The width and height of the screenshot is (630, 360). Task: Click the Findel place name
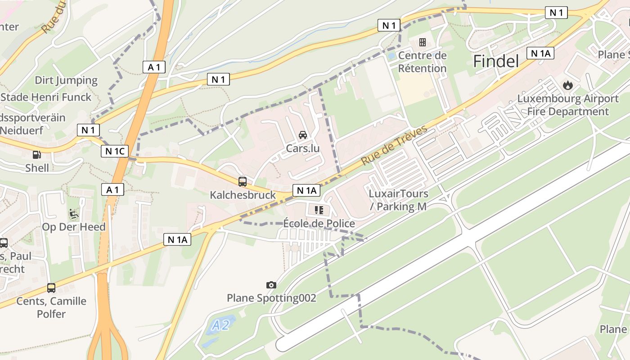pyautogui.click(x=496, y=61)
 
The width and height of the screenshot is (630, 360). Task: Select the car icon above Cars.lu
pyautogui.click(x=303, y=135)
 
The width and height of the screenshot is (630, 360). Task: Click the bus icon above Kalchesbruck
pyautogui.click(x=243, y=182)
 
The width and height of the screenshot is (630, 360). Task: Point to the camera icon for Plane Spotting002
pyautogui.click(x=271, y=285)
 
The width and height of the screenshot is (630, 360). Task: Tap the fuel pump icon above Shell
pyautogui.click(x=36, y=155)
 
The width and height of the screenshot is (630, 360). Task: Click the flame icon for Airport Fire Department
pyautogui.click(x=568, y=85)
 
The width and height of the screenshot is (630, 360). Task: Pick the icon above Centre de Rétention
pyautogui.click(x=423, y=42)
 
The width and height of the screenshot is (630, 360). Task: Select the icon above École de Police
pyautogui.click(x=319, y=210)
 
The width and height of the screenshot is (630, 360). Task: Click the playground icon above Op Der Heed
pyautogui.click(x=74, y=213)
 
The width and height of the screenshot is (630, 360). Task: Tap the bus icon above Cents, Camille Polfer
pyautogui.click(x=51, y=288)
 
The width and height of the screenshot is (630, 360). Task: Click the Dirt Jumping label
pyautogui.click(x=66, y=81)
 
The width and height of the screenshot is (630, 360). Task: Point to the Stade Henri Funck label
pyautogui.click(x=46, y=97)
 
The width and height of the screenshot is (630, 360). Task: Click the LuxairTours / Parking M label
pyautogui.click(x=398, y=200)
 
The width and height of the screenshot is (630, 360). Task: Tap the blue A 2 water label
pyautogui.click(x=221, y=324)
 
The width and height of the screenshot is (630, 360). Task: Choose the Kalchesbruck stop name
pyautogui.click(x=243, y=195)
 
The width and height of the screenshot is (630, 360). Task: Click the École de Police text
pyautogui.click(x=319, y=223)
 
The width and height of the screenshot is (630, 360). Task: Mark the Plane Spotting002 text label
pyautogui.click(x=271, y=298)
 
